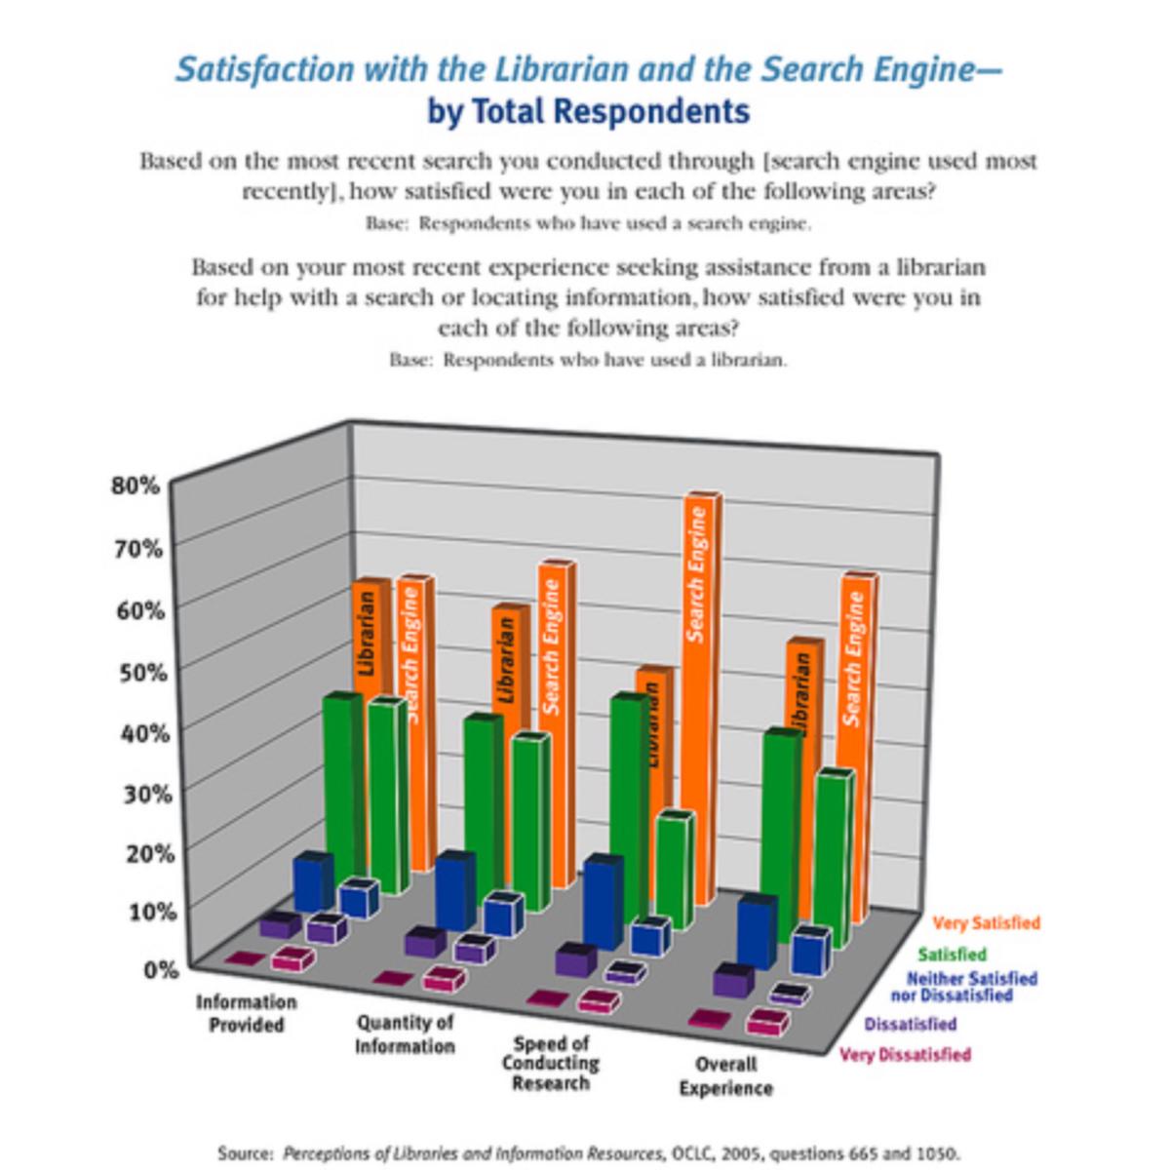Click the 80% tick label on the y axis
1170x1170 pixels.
(135, 485)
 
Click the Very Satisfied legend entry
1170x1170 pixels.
(986, 922)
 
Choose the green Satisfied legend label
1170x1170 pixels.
(952, 954)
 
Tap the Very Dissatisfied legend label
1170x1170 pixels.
(905, 1054)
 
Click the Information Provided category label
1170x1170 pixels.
(246, 1013)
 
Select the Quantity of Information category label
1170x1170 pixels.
(405, 1034)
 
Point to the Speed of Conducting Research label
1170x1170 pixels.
(551, 1064)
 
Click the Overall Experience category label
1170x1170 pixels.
(725, 1076)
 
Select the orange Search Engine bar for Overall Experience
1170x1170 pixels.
(855, 741)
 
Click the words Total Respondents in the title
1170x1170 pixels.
(611, 111)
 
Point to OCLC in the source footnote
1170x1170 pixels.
(690, 1152)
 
